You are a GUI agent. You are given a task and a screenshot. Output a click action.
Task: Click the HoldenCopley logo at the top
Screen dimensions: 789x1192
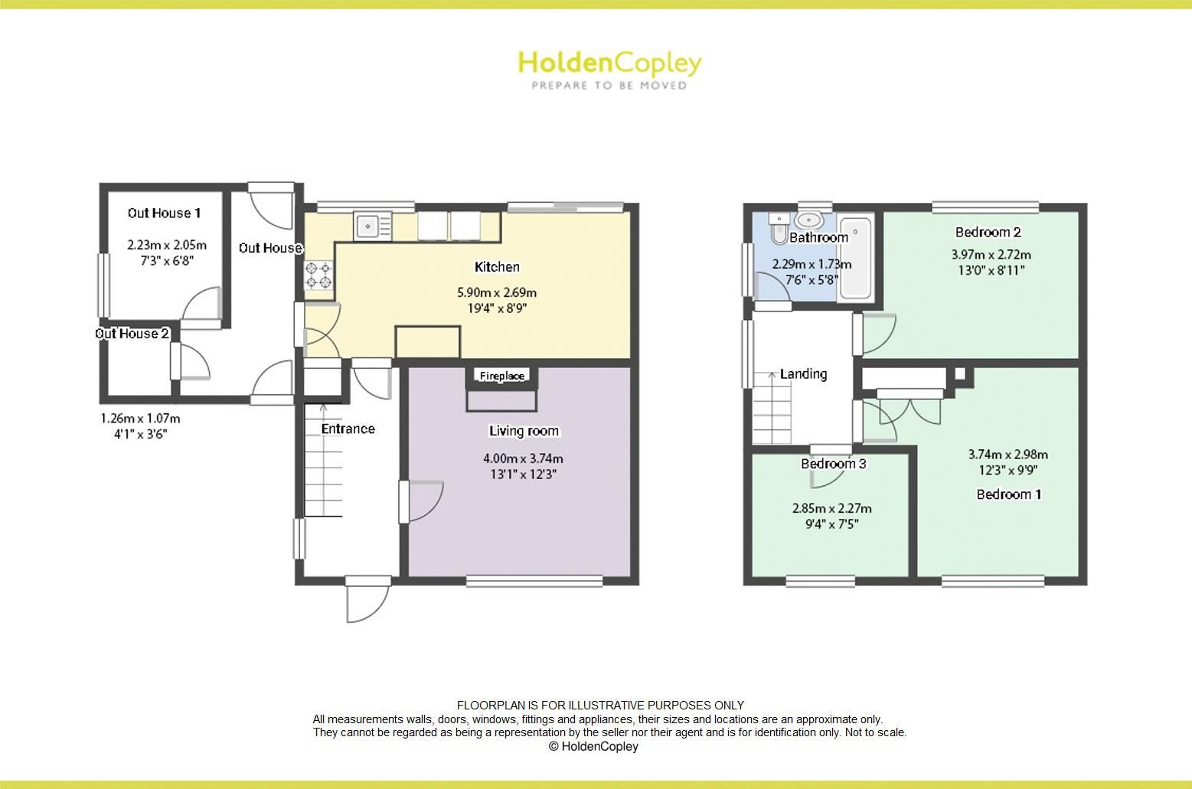click(x=609, y=63)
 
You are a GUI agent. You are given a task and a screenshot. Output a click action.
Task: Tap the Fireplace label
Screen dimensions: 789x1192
click(x=502, y=376)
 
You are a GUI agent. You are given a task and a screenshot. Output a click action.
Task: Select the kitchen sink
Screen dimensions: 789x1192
click(x=372, y=225)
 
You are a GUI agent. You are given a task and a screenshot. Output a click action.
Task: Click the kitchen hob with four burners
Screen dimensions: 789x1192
click(x=319, y=275)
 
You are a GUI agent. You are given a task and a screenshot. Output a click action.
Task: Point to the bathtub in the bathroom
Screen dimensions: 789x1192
click(x=854, y=258)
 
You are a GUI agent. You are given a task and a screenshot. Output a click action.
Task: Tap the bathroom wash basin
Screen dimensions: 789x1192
click(x=808, y=221)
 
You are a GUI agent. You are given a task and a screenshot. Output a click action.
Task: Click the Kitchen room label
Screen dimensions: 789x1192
click(x=497, y=267)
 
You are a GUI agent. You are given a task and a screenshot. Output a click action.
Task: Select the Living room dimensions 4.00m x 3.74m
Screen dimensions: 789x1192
click(x=523, y=458)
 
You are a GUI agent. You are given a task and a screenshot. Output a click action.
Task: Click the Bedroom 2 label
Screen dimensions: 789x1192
click(x=988, y=232)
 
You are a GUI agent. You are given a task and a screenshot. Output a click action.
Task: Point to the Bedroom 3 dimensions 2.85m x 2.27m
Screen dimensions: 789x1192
click(x=831, y=508)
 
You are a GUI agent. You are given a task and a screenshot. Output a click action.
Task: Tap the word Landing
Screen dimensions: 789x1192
click(x=803, y=374)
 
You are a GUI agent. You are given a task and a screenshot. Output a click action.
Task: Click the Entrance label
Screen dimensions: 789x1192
click(x=348, y=429)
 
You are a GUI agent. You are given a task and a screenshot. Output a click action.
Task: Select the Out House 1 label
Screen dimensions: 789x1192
click(x=164, y=213)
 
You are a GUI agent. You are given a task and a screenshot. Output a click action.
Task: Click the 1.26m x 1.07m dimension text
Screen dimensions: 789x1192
click(x=140, y=419)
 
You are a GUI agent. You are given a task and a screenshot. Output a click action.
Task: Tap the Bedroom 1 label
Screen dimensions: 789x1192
click(x=1008, y=494)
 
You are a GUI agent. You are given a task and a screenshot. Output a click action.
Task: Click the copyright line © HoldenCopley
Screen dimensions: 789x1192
click(x=593, y=746)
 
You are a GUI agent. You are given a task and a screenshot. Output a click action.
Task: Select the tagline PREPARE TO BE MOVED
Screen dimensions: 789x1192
click(x=609, y=86)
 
